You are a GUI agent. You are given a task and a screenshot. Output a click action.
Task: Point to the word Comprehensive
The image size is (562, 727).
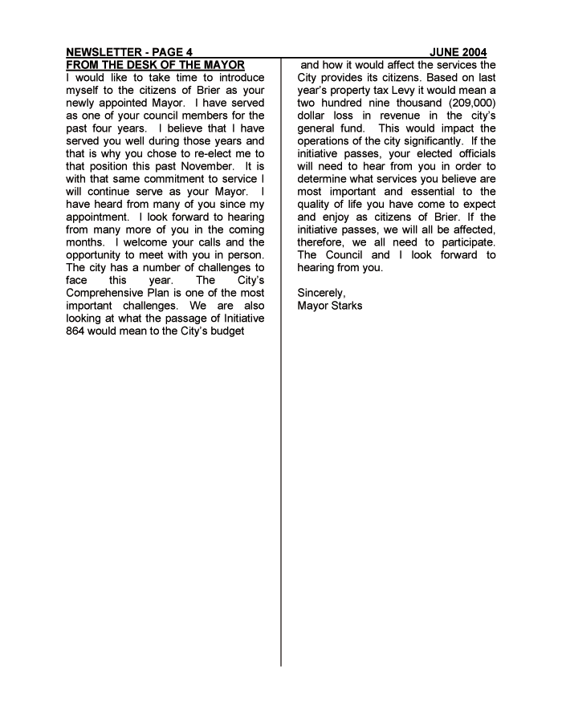[x=105, y=293]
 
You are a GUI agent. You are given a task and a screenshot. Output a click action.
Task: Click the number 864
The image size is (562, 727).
[x=78, y=331]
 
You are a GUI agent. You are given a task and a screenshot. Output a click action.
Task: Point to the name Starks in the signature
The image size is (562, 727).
[x=346, y=306]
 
